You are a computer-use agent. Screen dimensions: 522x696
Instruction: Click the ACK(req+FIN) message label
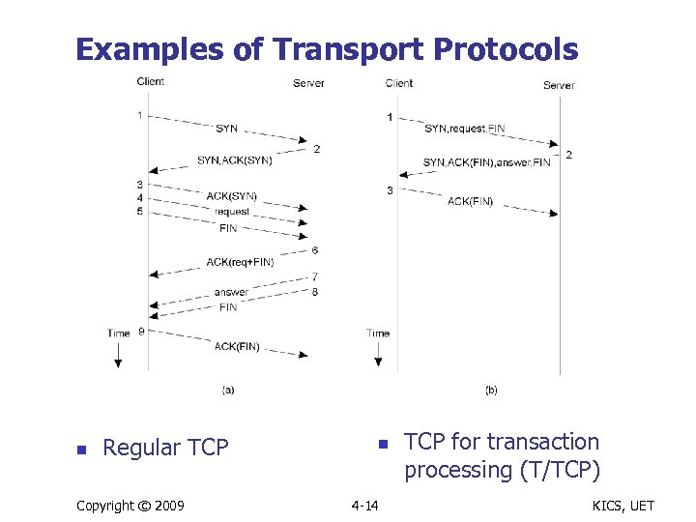pos(240,262)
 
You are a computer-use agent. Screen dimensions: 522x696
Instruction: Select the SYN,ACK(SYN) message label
pos(234,160)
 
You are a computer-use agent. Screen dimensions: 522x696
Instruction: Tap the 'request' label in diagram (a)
pos(232,212)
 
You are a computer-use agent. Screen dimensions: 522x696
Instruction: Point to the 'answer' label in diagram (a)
pos(231,292)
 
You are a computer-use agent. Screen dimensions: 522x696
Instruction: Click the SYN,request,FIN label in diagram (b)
pos(464,129)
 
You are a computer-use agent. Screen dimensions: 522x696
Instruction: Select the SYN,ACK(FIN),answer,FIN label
pos(486,162)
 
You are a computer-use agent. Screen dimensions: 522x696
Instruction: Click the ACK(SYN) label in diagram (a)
pos(231,196)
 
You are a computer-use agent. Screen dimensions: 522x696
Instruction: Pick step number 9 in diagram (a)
pos(142,332)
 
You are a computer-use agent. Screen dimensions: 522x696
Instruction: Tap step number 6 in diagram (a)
pos(315,251)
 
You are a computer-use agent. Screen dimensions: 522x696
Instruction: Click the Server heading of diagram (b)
pos(559,85)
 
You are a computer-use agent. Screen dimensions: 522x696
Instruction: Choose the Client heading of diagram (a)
pos(150,81)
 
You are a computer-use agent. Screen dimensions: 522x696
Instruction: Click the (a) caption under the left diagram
pos(228,390)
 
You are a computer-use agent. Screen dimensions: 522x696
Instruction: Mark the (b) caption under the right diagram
pos(491,390)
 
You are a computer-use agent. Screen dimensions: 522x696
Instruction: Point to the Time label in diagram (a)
pos(118,333)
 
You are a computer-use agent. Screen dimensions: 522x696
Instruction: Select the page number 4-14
pos(365,506)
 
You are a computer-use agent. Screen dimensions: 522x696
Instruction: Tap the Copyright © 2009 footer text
pos(130,506)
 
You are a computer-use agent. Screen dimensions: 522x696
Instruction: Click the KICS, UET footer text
pos(626,506)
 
